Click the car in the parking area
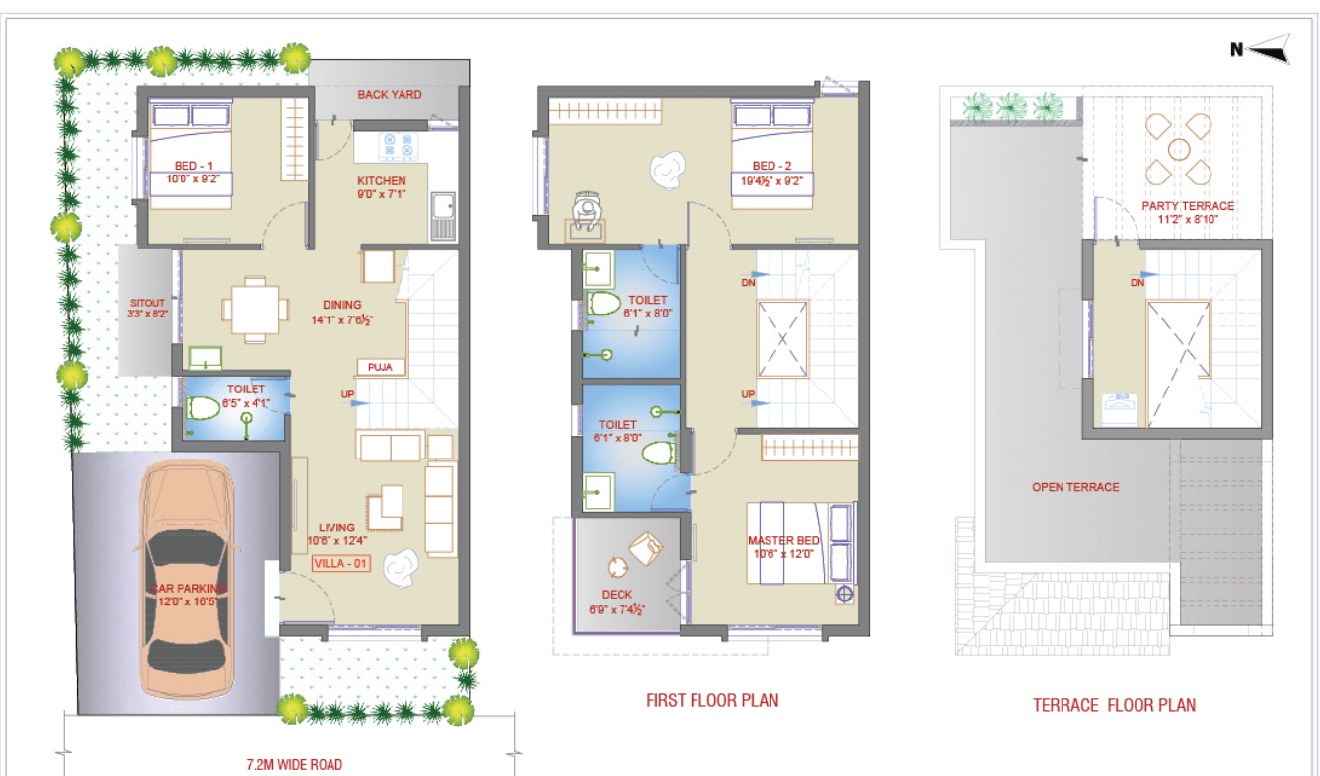pyautogui.click(x=186, y=580)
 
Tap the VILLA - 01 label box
pyautogui.click(x=341, y=563)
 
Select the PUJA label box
pyautogui.click(x=381, y=368)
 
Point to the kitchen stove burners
pyautogui.click(x=398, y=145)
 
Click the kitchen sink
pyautogui.click(x=443, y=216)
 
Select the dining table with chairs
pyautogui.click(x=256, y=310)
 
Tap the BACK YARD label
pyautogui.click(x=389, y=95)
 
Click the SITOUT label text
pyautogui.click(x=147, y=303)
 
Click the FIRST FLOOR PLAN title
pyautogui.click(x=712, y=700)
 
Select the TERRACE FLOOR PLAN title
pyautogui.click(x=1115, y=705)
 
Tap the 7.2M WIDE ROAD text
pyautogui.click(x=294, y=764)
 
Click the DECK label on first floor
pyautogui.click(x=617, y=595)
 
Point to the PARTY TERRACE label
pyautogui.click(x=1188, y=206)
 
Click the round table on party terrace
pyautogui.click(x=1179, y=150)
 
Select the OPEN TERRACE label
pyautogui.click(x=1075, y=487)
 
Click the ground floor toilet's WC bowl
pyautogui.click(x=203, y=408)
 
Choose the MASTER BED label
pyautogui.click(x=783, y=540)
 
